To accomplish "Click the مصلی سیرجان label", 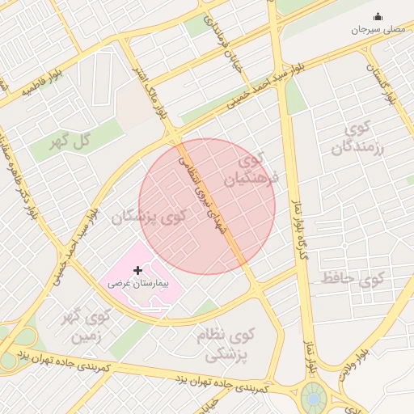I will pos(376,29).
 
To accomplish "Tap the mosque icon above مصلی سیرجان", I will pos(378,16).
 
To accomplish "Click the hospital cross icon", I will pos(137,270).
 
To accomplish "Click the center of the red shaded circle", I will pos(207,206).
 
